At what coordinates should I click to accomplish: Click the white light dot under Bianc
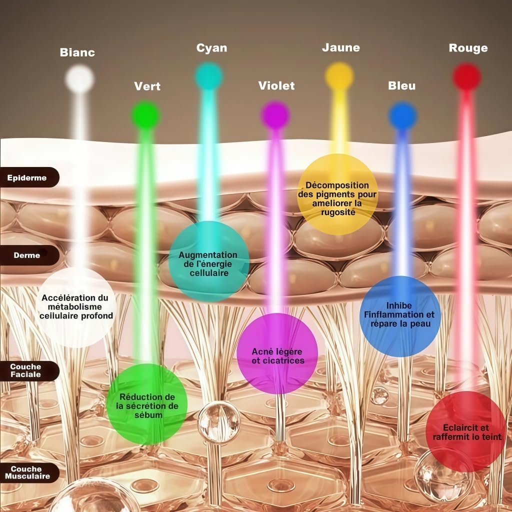[x=79, y=78]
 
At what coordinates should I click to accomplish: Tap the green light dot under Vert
[x=146, y=115]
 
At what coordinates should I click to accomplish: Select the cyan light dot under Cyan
[x=209, y=76]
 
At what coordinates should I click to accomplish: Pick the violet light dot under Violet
[x=275, y=115]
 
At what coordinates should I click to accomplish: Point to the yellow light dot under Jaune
[x=339, y=76]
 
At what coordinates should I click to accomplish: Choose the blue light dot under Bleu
[x=402, y=116]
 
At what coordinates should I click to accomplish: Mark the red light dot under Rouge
[x=467, y=77]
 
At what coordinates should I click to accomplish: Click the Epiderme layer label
[x=27, y=177]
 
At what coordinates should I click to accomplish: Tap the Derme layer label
[x=27, y=255]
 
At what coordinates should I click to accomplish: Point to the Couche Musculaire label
[x=28, y=472]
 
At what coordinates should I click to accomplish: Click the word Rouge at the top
[x=468, y=48]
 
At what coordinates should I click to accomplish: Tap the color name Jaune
[x=340, y=48]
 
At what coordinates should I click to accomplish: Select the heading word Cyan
[x=211, y=48]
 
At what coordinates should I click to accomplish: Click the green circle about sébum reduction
[x=147, y=404]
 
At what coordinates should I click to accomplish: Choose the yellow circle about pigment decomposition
[x=337, y=194]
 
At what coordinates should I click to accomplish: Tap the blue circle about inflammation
[x=400, y=316]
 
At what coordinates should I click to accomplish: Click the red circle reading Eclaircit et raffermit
[x=465, y=431]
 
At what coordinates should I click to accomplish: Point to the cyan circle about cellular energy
[x=208, y=261]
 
